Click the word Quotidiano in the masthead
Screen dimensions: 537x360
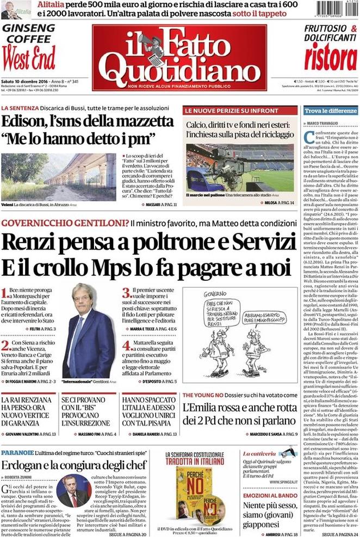tap(179, 69)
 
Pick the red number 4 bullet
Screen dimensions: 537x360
tap(126, 345)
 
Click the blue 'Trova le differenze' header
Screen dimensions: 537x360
tap(331, 110)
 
